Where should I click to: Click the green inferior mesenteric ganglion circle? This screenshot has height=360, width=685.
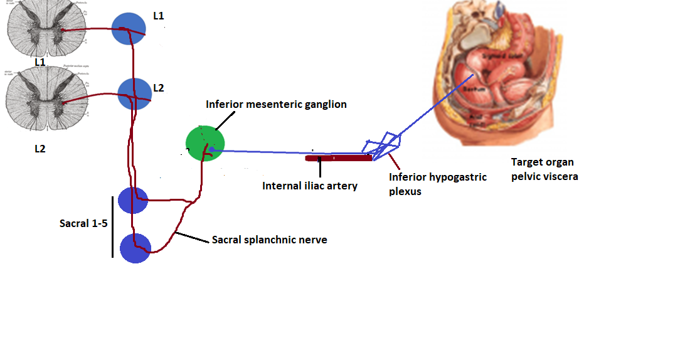click(204, 144)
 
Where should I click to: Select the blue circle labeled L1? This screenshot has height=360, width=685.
click(129, 29)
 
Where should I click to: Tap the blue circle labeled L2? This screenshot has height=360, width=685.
click(134, 94)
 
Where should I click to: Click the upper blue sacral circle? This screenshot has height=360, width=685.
click(132, 201)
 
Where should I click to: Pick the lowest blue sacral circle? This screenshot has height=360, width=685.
click(135, 248)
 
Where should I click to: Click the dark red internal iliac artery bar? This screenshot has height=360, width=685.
click(339, 158)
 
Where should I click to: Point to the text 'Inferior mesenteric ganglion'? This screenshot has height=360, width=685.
click(276, 104)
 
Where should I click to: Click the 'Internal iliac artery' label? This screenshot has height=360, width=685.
click(310, 186)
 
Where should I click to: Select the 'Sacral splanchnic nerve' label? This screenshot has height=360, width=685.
click(269, 240)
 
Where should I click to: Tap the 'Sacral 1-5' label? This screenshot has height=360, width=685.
click(83, 223)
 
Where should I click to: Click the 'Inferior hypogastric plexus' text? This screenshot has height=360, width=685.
click(437, 184)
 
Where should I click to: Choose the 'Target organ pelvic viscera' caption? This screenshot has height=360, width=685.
click(544, 169)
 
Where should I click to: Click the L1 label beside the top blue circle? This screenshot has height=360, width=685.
click(159, 16)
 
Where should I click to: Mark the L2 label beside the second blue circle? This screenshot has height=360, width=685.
click(158, 88)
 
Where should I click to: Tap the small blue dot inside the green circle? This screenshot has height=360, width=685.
click(212, 149)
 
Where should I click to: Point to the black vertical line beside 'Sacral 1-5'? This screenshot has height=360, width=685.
click(113, 226)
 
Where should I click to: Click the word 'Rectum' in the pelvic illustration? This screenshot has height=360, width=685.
click(472, 89)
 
